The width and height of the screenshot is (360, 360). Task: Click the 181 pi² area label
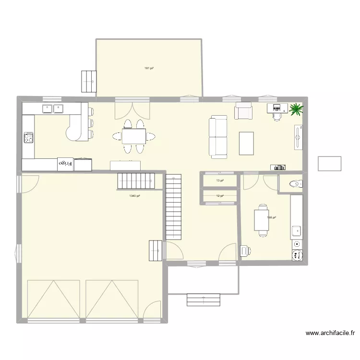coord(149,68)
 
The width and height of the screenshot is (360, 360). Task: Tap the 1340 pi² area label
coord(134,196)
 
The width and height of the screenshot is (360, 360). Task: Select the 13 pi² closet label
coord(220,181)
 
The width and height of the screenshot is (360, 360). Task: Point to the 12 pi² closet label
coord(220,196)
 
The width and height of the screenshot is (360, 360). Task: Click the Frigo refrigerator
coord(65,164)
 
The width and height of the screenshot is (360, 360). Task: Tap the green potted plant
coord(296,109)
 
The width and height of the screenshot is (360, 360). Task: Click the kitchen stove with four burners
coord(28,138)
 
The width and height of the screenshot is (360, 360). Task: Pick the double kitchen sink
coord(53,108)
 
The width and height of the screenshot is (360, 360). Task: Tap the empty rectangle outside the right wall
coord(329,163)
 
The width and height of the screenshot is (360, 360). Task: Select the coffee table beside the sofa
coord(247,143)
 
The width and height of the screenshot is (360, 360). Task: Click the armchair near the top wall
coord(243,111)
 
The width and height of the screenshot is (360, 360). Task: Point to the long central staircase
coord(174,207)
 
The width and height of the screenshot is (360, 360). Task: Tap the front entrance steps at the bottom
coord(204,300)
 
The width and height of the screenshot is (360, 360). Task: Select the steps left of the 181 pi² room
coord(89,80)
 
